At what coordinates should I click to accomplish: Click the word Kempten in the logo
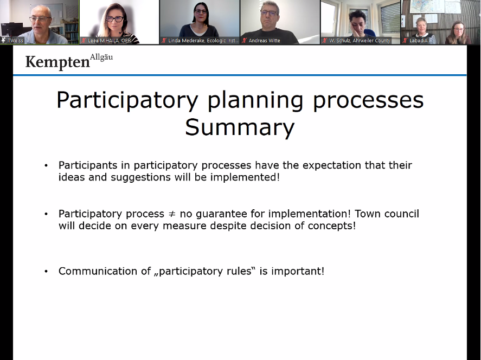click(x=57, y=62)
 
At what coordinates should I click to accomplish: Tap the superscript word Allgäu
click(x=101, y=57)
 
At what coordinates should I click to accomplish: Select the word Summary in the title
click(x=240, y=127)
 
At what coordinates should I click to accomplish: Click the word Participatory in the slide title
click(x=127, y=100)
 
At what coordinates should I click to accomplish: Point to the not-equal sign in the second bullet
click(x=172, y=214)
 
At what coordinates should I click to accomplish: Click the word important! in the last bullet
click(x=298, y=272)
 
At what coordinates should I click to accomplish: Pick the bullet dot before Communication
click(x=46, y=272)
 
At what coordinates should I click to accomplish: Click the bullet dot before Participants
click(x=46, y=165)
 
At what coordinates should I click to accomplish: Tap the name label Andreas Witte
click(x=264, y=41)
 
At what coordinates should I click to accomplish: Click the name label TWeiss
click(x=15, y=41)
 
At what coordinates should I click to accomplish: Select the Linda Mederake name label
click(x=203, y=41)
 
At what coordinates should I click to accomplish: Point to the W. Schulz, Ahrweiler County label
click(x=360, y=41)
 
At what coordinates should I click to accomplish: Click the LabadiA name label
click(x=419, y=41)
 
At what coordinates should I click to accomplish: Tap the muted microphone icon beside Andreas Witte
click(x=245, y=41)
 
